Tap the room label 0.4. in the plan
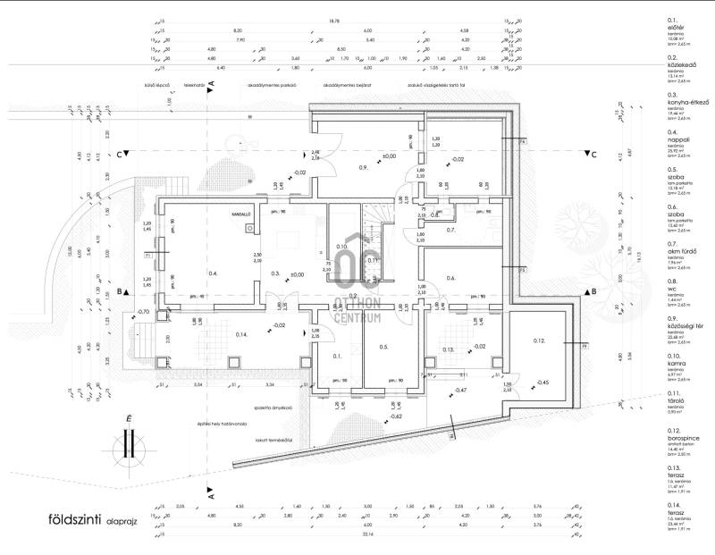pyautogui.click(x=213, y=273)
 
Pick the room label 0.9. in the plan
pyautogui.click(x=364, y=168)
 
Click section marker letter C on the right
pyautogui.click(x=593, y=154)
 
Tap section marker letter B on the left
pyautogui.click(x=120, y=292)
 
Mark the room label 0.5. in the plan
pyautogui.click(x=383, y=347)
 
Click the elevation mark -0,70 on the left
pyautogui.click(x=142, y=311)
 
